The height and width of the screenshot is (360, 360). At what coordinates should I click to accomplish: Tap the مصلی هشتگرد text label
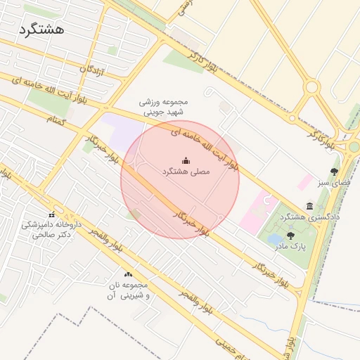tap(186, 172)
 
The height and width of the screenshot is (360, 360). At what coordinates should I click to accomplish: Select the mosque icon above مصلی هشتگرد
tap(186, 160)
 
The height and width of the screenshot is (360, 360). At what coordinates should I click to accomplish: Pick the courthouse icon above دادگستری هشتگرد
tap(310, 205)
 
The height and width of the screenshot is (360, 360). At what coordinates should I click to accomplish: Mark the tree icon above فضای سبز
tap(334, 171)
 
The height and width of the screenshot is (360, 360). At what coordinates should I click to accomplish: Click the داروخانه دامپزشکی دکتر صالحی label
tap(51, 230)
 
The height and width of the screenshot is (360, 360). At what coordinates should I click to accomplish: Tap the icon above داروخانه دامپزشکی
tap(51, 214)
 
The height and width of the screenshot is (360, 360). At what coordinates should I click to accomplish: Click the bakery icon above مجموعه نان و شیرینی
tap(128, 274)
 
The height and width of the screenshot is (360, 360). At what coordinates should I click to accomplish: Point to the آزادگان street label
tap(92, 69)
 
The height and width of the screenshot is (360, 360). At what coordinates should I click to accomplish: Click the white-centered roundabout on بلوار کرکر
tap(312, 88)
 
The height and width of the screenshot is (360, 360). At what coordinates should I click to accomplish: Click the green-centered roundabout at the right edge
tap(354, 146)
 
